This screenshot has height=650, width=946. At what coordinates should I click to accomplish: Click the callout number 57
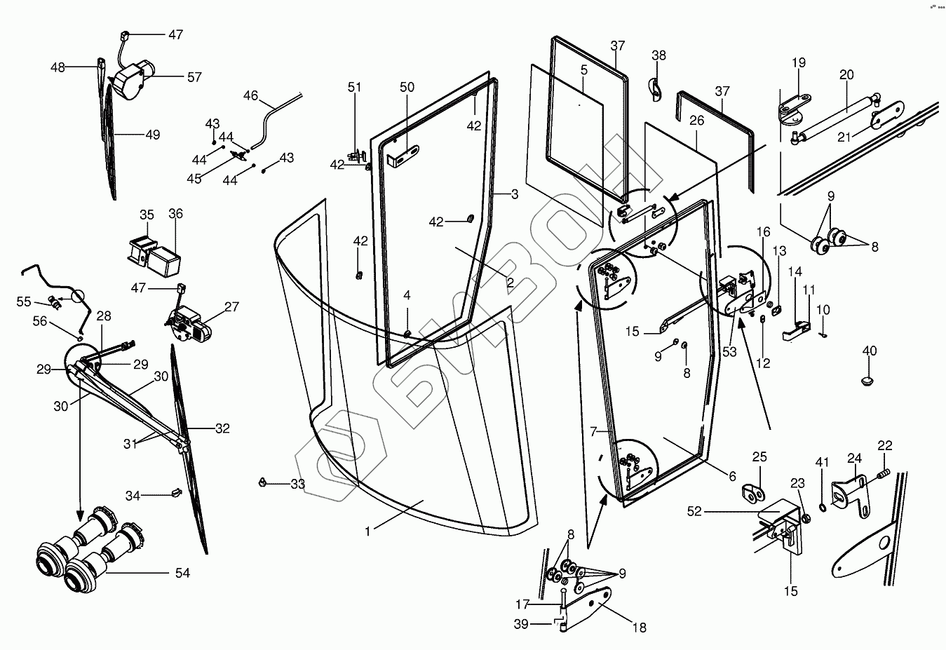194,77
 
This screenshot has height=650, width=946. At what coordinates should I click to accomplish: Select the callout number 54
183,573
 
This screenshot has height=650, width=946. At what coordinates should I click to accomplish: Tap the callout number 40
870,351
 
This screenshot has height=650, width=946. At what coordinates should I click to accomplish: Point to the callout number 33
298,484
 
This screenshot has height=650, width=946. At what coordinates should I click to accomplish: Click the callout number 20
846,75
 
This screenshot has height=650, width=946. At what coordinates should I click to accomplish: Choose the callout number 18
639,628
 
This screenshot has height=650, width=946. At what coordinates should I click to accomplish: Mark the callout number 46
250,96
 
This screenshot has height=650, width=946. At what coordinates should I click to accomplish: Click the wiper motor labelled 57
132,79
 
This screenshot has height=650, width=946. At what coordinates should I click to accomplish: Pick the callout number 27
232,306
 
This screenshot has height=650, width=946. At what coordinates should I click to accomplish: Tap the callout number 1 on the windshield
367,531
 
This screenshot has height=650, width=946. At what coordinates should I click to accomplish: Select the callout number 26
696,121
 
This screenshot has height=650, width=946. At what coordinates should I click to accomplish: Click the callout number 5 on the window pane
583,70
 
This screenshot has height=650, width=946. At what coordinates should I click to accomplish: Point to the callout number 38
659,55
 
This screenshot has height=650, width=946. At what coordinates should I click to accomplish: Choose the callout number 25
760,457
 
